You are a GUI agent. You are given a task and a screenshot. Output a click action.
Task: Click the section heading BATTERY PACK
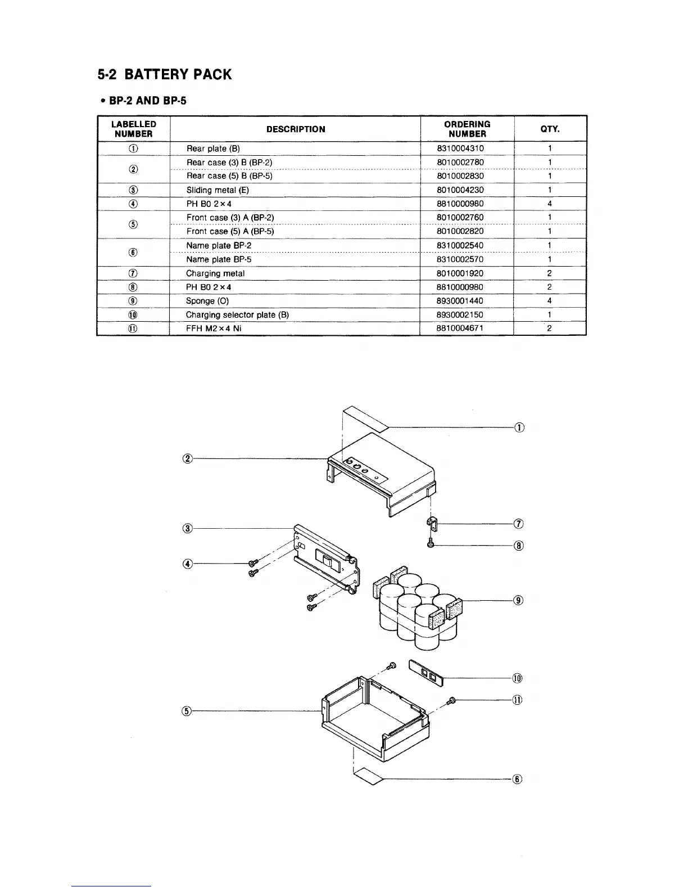(165, 75)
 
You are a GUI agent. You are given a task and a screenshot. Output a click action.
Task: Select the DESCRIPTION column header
(296, 129)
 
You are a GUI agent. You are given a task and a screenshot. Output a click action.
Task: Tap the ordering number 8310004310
(460, 148)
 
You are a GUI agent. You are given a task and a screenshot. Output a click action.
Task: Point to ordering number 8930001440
(460, 301)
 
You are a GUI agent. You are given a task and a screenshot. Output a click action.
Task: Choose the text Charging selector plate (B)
(237, 315)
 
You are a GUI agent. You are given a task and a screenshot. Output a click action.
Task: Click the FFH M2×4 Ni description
(214, 328)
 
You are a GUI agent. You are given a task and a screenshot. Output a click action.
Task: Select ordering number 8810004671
(460, 328)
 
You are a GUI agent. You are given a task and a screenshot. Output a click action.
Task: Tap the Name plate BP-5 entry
(219, 259)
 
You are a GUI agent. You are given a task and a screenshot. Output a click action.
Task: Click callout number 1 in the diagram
(519, 427)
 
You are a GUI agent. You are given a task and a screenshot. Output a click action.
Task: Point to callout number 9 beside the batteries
(519, 600)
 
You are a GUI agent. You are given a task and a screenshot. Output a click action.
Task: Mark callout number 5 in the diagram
(187, 711)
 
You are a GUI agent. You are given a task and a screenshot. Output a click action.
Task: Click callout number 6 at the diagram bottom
(518, 779)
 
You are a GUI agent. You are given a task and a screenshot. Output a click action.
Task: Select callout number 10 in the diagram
(518, 678)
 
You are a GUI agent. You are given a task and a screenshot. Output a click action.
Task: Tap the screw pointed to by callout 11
(451, 700)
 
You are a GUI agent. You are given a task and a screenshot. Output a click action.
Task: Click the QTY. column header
(550, 129)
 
